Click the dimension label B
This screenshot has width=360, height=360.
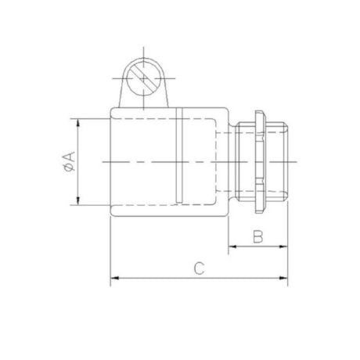(257, 236)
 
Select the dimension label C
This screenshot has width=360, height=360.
(200, 268)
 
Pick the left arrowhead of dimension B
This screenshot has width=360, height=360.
(232, 249)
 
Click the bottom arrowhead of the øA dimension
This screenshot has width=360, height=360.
(77, 202)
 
